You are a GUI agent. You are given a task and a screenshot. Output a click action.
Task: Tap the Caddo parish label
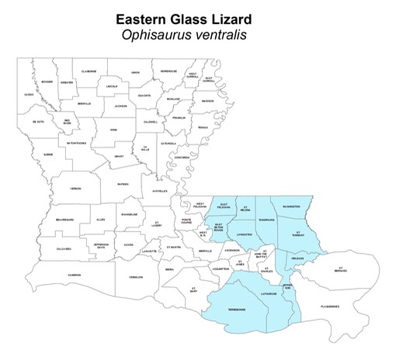pyautogui.click(x=29, y=95)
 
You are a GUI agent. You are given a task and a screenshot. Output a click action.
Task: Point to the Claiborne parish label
pyautogui.click(x=89, y=71)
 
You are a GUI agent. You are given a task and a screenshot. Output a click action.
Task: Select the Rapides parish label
pyautogui.click(x=123, y=185)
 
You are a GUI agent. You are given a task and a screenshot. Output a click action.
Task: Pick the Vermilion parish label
pyautogui.click(x=137, y=277)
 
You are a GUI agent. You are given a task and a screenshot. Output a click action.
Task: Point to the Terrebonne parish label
pyautogui.click(x=237, y=308)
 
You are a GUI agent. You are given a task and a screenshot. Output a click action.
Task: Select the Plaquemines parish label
pyautogui.click(x=329, y=306)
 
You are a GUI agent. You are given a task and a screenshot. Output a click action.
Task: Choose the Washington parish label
pyautogui.click(x=296, y=206)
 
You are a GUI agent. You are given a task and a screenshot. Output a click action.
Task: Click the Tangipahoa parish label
pyautogui.click(x=267, y=219)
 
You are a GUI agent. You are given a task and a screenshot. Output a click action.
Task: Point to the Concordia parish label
pyautogui.click(x=182, y=157)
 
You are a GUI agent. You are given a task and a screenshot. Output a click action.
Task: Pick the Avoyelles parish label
pyautogui.click(x=159, y=191)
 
